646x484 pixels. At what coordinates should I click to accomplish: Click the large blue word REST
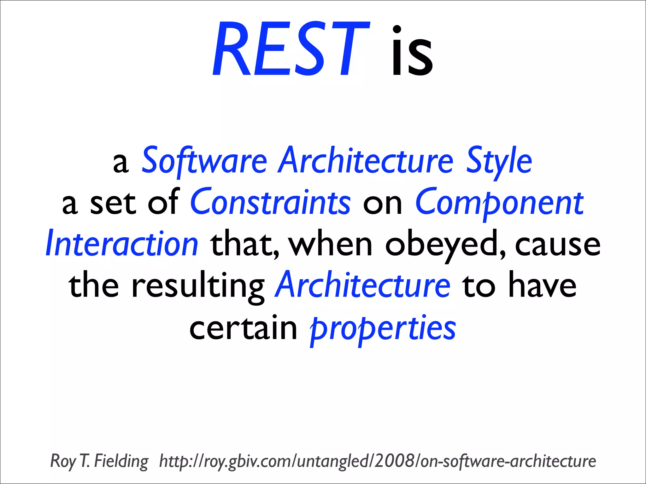[290, 49]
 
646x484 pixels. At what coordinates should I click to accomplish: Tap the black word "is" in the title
[412, 52]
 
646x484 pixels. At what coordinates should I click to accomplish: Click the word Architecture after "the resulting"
[362, 285]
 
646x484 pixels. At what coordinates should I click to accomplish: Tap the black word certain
[243, 328]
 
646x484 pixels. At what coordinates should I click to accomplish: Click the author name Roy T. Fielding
[99, 461]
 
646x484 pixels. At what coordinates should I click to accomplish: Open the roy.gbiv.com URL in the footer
[377, 461]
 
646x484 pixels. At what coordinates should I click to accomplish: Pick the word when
[331, 244]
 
